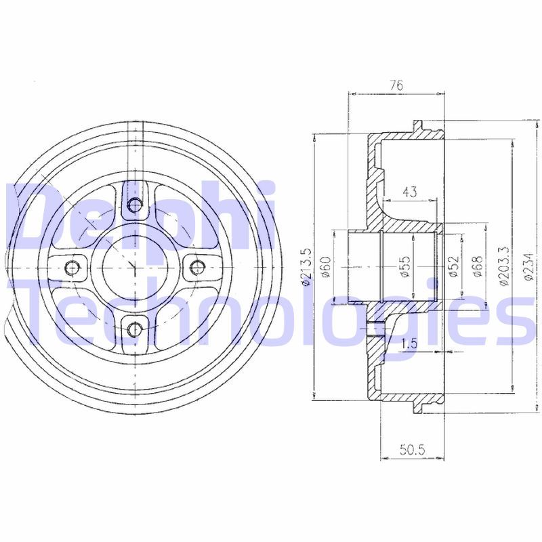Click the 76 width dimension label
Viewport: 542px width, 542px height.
[396, 85]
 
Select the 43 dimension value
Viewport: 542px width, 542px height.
[410, 192]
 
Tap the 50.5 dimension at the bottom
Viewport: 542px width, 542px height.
[412, 450]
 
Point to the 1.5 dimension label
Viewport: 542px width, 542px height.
[410, 343]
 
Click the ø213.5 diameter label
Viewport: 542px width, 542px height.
[307, 266]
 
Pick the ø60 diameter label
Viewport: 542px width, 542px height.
[326, 266]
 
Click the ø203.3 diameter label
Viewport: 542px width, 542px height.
[503, 266]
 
